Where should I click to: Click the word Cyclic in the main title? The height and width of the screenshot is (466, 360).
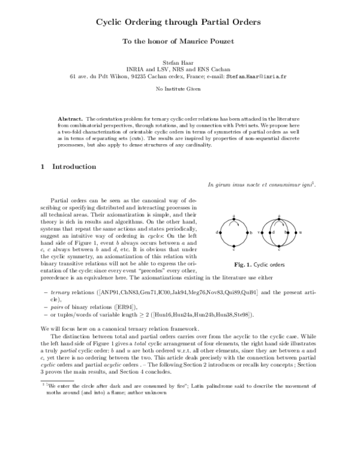click(x=114, y=23)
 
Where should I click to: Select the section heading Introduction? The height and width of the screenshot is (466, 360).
click(x=74, y=166)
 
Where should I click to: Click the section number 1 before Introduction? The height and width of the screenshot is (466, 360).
click(x=43, y=166)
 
